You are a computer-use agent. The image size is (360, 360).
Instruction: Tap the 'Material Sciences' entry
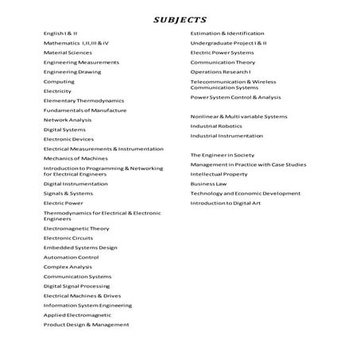[68, 52]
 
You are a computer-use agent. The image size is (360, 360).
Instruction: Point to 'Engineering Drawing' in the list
[72, 72]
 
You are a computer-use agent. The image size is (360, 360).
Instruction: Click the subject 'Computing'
[59, 81]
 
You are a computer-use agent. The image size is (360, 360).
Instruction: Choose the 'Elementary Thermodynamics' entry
[83, 101]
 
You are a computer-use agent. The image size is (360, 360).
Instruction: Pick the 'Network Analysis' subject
[68, 120]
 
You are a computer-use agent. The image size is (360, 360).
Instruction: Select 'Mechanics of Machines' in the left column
[75, 159]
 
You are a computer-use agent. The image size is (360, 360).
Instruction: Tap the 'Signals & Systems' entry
[68, 193]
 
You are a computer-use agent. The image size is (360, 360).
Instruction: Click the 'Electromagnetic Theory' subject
[76, 228]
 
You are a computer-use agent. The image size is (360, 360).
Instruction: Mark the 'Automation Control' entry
[71, 257]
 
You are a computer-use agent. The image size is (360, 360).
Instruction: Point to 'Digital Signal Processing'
[76, 286]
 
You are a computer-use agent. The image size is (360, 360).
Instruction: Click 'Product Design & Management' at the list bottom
[86, 324]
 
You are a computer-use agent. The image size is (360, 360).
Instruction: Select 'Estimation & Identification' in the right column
[227, 33]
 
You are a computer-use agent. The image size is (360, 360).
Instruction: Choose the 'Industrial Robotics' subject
[216, 126]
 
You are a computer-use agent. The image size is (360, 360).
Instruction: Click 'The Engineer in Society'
[223, 154]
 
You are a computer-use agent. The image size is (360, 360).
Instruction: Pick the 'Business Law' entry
[208, 184]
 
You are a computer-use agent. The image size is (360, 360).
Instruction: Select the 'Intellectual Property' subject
[219, 174]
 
